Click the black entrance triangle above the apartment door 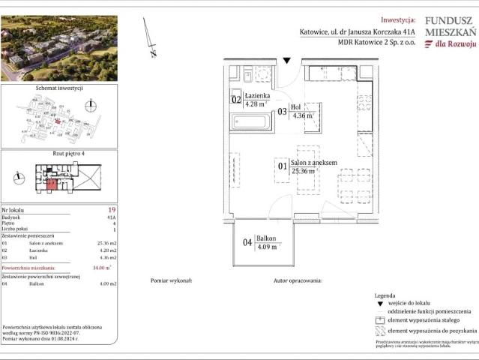287,60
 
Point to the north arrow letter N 153,53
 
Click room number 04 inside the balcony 247,242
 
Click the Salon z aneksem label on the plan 313,163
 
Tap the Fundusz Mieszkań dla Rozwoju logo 449,33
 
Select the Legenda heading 385,296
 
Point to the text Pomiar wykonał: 172,280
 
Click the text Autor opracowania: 298,280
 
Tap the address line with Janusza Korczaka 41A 355,32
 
